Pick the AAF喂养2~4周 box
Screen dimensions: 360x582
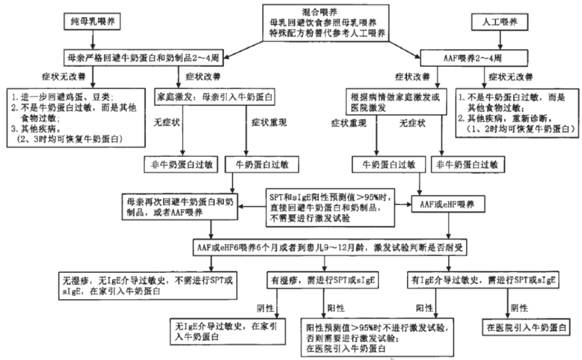pos(472,56)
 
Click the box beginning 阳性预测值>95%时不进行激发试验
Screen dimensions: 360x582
pos(378,337)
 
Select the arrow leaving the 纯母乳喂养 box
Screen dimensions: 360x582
pos(93,39)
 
